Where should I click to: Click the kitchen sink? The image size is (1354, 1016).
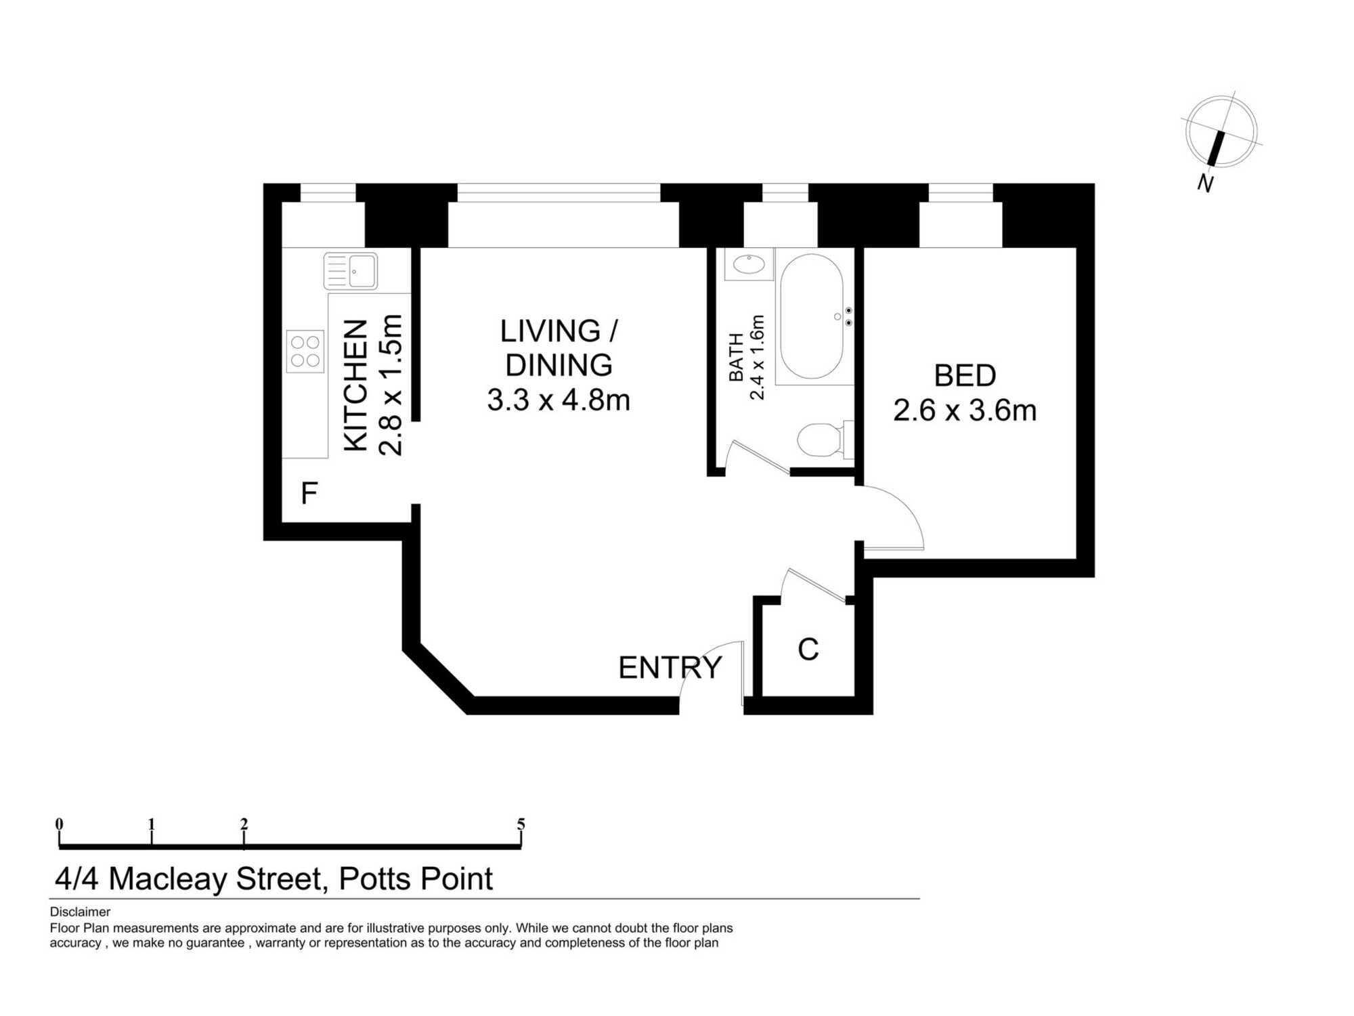coord(350,271)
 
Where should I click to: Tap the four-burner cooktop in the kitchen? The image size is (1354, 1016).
coord(305,352)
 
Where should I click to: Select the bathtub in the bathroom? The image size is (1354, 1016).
coord(812,316)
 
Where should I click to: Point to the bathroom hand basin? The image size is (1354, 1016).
coord(749,264)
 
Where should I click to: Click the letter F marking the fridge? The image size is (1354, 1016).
coord(309,493)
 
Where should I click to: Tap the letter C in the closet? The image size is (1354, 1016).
coord(808,649)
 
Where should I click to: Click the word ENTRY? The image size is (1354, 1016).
coord(670,668)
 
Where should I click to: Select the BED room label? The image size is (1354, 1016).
coord(965,375)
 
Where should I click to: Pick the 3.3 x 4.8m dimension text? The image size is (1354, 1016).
coord(559,400)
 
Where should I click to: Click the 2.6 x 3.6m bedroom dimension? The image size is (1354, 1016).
coord(965,410)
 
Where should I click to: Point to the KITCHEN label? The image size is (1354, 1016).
coord(356,385)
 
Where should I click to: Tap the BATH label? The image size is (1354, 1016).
coord(736,358)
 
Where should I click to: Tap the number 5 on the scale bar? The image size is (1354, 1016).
coord(521,824)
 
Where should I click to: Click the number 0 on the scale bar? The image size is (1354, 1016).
coord(60,824)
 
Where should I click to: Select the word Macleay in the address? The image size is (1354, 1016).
coord(168,879)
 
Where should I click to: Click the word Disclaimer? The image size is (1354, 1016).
coord(80,912)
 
